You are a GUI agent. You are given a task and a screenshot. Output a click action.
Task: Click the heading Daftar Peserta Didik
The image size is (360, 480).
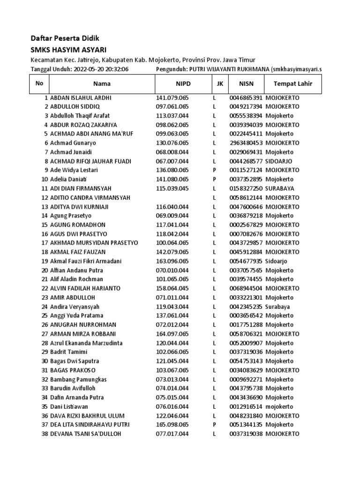pos(65,38)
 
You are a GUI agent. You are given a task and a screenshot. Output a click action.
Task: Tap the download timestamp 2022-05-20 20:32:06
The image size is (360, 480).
pos(101,69)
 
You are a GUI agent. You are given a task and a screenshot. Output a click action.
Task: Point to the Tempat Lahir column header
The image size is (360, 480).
pos(289,84)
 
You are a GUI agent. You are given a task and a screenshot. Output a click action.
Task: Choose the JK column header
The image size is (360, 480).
pos(219,84)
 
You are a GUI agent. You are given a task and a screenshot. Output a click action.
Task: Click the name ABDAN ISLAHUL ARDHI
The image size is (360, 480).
pos(81,98)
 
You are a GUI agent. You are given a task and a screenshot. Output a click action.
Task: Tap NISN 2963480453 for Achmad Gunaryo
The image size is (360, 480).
pos(246,143)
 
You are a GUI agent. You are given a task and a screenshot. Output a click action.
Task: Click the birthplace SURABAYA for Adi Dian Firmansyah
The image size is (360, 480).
pos(280,188)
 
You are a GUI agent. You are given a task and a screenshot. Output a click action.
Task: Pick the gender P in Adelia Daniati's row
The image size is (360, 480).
pos(214,180)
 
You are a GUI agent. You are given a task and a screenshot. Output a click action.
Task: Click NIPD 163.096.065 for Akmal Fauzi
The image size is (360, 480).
pos(172,261)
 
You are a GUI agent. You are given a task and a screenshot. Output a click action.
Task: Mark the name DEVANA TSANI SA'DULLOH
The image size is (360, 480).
pos(85,434)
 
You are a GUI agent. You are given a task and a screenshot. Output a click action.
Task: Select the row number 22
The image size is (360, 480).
pos(45,288)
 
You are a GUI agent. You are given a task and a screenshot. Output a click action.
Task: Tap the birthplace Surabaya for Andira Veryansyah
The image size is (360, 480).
pos(277,307)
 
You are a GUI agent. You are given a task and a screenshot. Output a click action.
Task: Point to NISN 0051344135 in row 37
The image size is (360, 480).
pos(246,425)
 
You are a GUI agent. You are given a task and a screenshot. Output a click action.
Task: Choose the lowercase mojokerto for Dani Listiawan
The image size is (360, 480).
pos(279,406)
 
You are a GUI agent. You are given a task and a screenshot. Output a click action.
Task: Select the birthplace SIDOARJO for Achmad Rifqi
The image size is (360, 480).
pos(280,161)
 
